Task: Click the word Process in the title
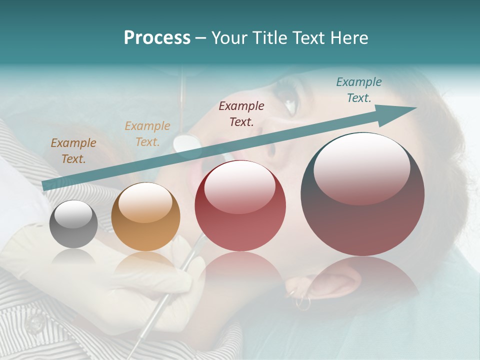pos(157,38)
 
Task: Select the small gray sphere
pos(74,224)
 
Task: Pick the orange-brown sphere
pos(145,217)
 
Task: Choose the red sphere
pos(240,206)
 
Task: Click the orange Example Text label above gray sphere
pos(73,151)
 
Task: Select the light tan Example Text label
pos(147,133)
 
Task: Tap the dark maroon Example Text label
pos(241,113)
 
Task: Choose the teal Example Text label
pos(359,90)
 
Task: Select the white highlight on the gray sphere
pos(73,215)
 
